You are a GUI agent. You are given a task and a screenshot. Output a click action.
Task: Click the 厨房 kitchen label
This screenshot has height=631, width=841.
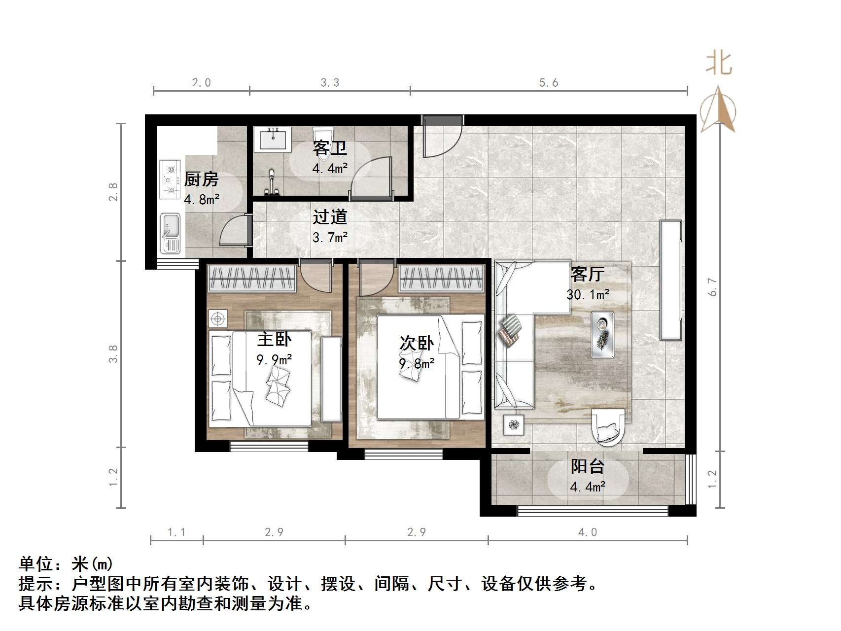(201, 179)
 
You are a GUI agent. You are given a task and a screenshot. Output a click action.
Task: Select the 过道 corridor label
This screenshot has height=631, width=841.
(330, 217)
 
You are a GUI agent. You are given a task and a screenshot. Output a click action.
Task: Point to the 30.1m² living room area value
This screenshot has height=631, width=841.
(588, 295)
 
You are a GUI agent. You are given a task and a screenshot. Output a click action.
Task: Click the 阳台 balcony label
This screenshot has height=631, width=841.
(588, 466)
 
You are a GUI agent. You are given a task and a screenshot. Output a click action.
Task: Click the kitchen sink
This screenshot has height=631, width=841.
(171, 233)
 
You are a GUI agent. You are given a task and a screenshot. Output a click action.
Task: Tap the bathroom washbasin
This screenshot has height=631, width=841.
(272, 139)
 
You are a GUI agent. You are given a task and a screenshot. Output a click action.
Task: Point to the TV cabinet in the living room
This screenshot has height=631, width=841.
(670, 280)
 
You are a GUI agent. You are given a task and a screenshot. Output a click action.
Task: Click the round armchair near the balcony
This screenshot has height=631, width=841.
(610, 425)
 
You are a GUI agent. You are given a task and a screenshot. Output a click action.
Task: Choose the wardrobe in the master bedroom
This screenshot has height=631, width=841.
(252, 279)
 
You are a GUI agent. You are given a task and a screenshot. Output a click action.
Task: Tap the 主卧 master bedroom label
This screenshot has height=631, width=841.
(274, 339)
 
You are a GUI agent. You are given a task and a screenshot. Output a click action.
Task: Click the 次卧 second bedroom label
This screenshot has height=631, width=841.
(417, 343)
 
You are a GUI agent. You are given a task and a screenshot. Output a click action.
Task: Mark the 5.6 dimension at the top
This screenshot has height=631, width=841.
(548, 83)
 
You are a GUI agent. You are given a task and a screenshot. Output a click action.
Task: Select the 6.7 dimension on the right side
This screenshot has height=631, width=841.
(712, 287)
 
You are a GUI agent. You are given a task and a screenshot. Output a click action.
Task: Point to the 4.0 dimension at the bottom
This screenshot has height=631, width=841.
(587, 532)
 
